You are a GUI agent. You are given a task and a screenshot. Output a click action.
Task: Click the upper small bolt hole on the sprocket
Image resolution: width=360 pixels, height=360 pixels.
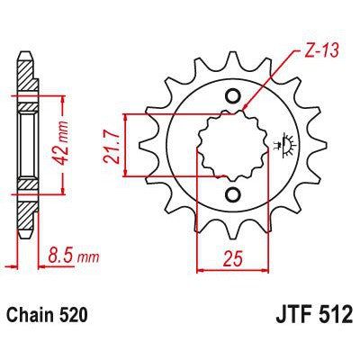234,96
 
